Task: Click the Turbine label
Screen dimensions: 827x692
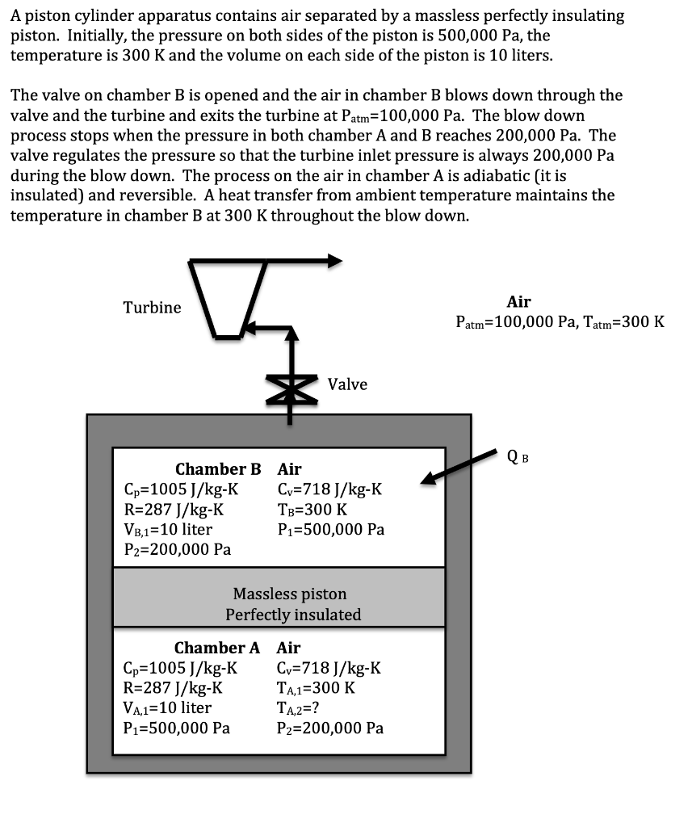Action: point(152,308)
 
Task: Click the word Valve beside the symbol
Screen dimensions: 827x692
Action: point(347,384)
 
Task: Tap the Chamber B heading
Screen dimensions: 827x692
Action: point(218,469)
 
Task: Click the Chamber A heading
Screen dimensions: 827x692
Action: point(217,648)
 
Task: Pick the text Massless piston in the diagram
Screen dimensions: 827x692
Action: point(290,594)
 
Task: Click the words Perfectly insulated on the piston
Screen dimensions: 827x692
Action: point(293,615)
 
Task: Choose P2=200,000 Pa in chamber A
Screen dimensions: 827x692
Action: point(329,728)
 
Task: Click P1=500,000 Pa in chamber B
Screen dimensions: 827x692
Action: point(330,530)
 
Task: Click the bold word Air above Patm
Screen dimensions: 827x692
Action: point(518,302)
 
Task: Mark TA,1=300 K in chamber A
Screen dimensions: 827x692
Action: point(316,688)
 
